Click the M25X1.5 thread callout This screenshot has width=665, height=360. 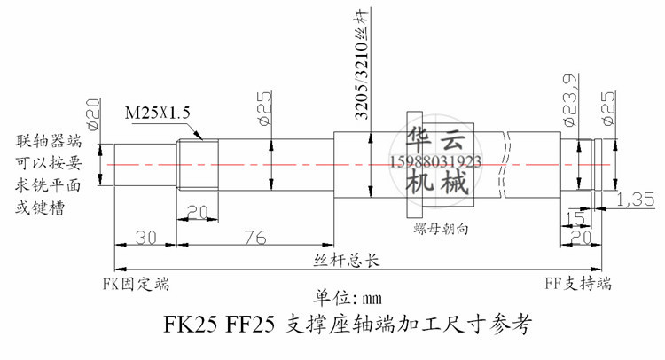[x=157, y=113]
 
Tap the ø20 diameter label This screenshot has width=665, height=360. [x=92, y=113]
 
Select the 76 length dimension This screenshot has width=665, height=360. [x=255, y=238]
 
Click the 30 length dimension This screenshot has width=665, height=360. [x=146, y=238]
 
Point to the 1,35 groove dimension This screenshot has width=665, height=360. [x=636, y=200]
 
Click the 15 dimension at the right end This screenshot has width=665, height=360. [x=575, y=219]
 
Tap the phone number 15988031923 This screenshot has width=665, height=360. [x=435, y=161]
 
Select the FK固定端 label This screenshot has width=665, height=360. [x=137, y=284]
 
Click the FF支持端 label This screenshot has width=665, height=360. [x=578, y=283]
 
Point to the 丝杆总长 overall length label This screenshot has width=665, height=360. [x=347, y=261]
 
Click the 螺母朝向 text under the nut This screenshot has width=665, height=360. [x=441, y=229]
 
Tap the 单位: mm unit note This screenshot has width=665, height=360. [x=348, y=298]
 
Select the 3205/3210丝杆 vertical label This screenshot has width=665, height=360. [x=362, y=64]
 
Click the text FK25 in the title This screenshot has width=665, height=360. [x=191, y=325]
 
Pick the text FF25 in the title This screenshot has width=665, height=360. [x=250, y=325]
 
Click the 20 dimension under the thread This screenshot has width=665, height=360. [x=198, y=212]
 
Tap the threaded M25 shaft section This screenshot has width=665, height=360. [x=198, y=165]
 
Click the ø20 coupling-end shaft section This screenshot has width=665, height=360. [x=145, y=165]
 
